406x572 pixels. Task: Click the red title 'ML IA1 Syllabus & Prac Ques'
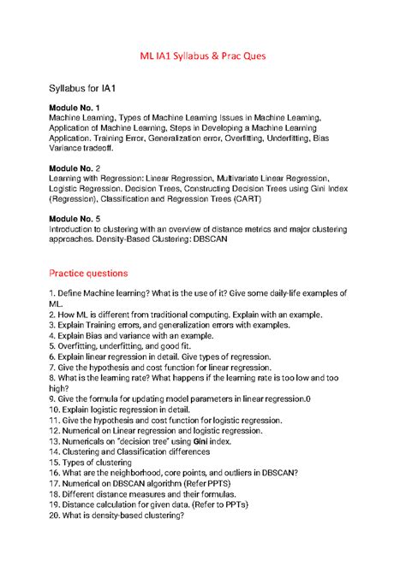[x=203, y=56]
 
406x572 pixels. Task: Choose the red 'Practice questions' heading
[x=88, y=273]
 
